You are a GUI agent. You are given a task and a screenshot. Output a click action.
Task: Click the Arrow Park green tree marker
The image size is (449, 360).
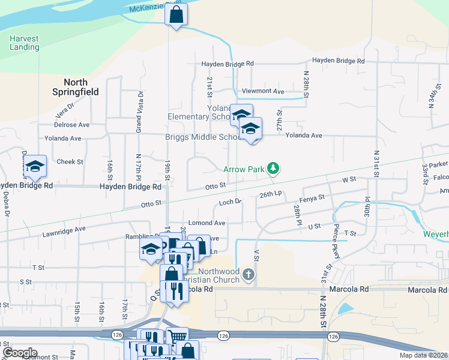coord(273,168)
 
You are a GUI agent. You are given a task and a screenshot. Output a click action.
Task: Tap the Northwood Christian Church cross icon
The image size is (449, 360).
coord(249,275)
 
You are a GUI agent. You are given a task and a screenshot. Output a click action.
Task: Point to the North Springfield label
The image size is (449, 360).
coord(76,88)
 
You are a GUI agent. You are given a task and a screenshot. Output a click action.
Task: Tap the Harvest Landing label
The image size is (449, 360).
coord(24,43)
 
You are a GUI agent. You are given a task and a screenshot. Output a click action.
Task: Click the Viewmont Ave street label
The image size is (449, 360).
coord(263,91)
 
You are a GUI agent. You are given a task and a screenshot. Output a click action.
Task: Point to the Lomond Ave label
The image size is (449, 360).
coord(206,223)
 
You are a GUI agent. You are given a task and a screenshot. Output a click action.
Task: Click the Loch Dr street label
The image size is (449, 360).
coord(230,202)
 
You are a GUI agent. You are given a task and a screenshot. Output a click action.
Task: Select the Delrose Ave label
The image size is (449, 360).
coord(71,125)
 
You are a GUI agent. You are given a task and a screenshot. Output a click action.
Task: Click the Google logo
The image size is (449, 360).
coord(20,353)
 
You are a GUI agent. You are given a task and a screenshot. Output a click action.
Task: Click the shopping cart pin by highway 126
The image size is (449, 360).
coord(177,337)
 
